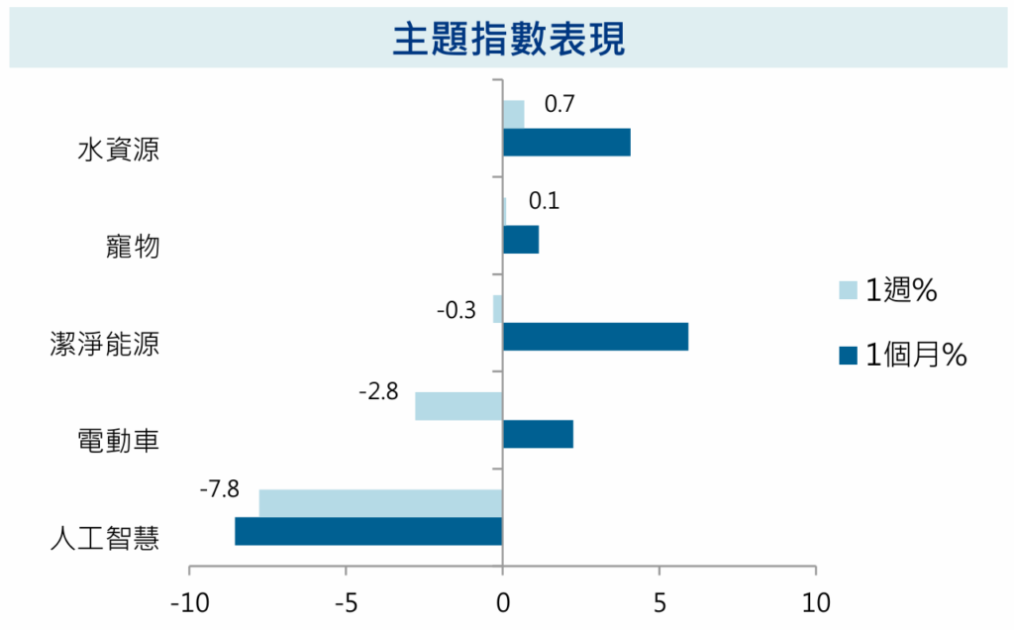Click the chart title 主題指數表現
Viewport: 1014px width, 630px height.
[x=507, y=40]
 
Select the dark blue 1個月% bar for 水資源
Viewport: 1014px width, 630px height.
[x=566, y=143]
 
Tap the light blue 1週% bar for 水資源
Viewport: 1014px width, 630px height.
[x=513, y=115]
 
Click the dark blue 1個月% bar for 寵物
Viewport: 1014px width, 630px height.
[x=521, y=240]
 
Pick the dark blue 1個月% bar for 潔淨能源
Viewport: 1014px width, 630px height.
[x=595, y=337]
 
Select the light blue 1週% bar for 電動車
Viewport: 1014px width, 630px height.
[x=458, y=406]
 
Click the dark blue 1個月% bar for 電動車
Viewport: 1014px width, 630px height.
[x=538, y=434]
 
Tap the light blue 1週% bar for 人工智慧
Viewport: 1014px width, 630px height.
[x=380, y=503]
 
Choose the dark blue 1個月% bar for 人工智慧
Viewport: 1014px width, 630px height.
[x=368, y=531]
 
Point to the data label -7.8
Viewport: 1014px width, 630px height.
[x=219, y=488]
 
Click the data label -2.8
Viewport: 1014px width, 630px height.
[x=377, y=392]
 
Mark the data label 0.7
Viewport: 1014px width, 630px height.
[x=559, y=104]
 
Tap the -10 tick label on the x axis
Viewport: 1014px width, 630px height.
[x=188, y=602]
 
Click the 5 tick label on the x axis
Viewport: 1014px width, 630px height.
[x=659, y=602]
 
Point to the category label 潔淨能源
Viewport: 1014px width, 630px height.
[x=105, y=345]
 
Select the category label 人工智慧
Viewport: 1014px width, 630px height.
[x=105, y=539]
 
